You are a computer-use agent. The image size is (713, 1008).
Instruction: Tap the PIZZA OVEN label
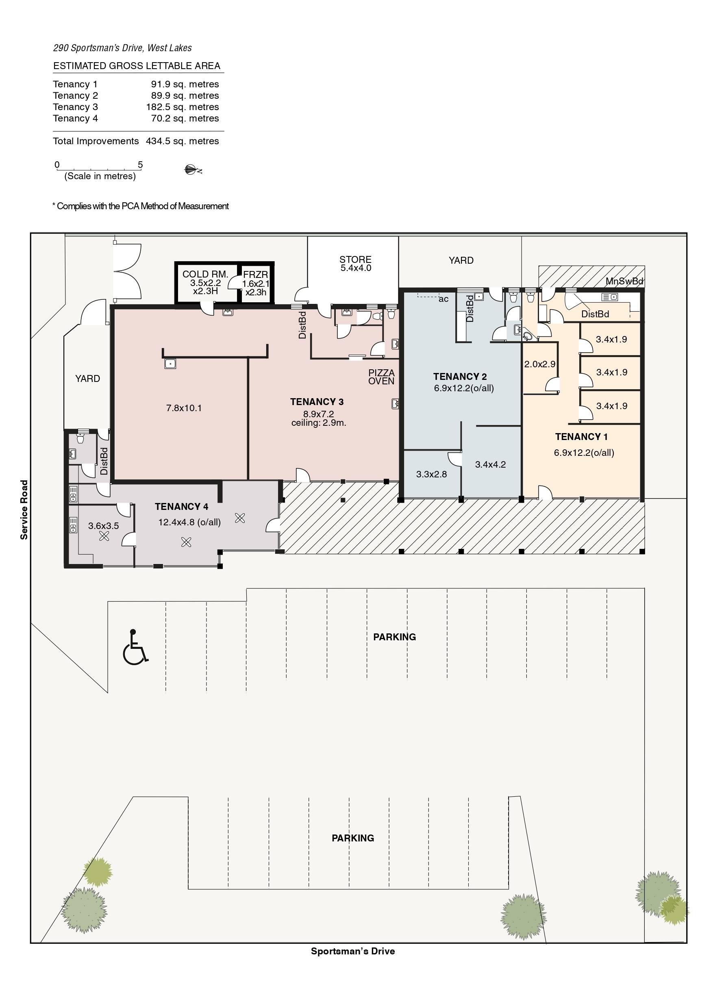[x=381, y=377]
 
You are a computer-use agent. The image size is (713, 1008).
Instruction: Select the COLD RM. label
[x=205, y=274]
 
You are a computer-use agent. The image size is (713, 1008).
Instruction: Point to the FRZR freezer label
[x=256, y=275]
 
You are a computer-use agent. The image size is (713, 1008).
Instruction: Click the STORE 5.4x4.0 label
[x=356, y=263]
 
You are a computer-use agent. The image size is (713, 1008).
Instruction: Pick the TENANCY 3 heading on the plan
[x=317, y=402]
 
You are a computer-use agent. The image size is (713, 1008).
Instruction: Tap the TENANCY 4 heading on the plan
[x=181, y=507]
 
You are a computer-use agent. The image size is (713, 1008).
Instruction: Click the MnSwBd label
[x=624, y=281]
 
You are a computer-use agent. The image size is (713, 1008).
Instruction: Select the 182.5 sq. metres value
[x=182, y=107]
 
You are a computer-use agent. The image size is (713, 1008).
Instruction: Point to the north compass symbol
[x=192, y=170]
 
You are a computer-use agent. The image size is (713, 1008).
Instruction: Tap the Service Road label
[x=24, y=509]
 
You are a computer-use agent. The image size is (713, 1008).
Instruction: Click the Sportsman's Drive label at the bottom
[x=353, y=951]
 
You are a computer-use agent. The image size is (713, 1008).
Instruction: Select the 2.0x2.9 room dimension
[x=540, y=364]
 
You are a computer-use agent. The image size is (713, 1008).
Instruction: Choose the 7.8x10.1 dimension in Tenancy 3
[x=184, y=408]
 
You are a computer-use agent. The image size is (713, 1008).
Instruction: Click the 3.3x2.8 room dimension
[x=431, y=474]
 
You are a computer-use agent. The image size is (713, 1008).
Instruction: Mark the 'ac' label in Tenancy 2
[x=444, y=299]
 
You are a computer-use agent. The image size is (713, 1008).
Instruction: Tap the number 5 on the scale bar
[x=141, y=165]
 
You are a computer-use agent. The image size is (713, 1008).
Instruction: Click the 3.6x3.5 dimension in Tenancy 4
[x=104, y=525]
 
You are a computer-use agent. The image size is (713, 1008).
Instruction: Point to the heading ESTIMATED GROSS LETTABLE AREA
[x=137, y=66]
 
